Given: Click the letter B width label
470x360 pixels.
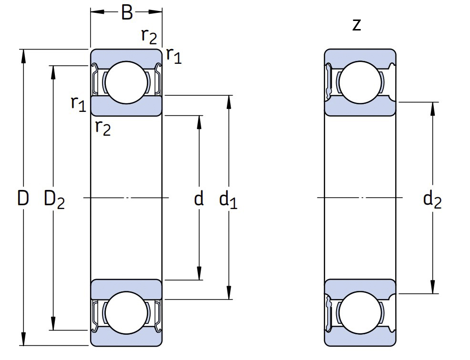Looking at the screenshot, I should click(x=127, y=12).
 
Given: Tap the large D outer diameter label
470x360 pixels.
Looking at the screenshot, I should click(x=22, y=198).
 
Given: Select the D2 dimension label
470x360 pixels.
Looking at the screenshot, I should click(x=53, y=199).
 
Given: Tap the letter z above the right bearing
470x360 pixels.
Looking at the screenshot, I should click(x=356, y=25).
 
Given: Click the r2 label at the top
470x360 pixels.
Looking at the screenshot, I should click(x=149, y=35).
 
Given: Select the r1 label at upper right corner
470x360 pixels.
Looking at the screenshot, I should click(x=174, y=56).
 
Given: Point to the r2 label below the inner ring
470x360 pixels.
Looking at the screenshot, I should click(x=102, y=127).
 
